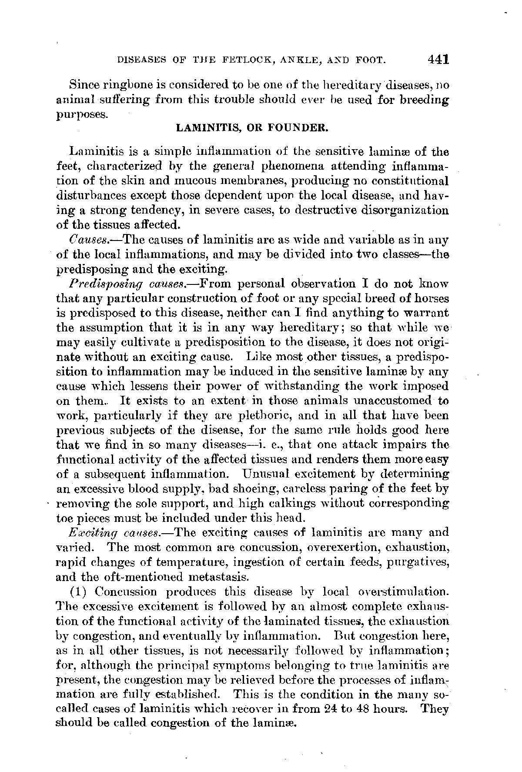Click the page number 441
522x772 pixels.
pos(437,59)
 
